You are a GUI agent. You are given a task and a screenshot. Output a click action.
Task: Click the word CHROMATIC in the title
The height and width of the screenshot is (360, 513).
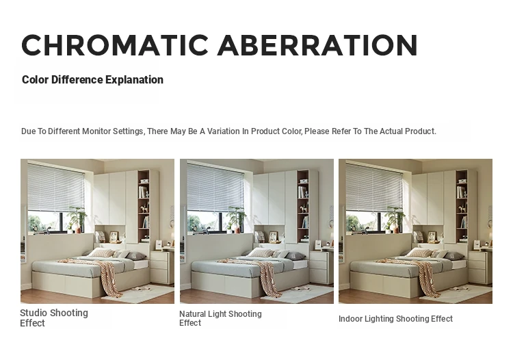pyautogui.click(x=115, y=45)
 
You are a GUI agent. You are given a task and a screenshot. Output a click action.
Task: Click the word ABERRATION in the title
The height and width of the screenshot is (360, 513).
pyautogui.click(x=317, y=45)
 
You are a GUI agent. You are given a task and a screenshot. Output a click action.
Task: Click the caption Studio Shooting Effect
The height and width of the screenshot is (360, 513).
pyautogui.click(x=54, y=318)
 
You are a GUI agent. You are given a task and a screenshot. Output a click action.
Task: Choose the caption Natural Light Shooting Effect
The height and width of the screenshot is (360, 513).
pyautogui.click(x=220, y=318)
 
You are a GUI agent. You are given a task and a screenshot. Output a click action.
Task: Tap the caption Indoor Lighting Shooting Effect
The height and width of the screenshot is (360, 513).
pyautogui.click(x=395, y=319)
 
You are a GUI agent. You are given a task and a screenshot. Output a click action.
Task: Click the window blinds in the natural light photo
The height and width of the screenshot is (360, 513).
pyautogui.click(x=215, y=188)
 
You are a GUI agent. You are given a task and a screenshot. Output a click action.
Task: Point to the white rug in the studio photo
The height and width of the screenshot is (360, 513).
pyautogui.click(x=138, y=293)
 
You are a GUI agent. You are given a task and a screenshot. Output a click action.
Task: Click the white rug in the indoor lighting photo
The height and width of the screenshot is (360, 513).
pyautogui.click(x=456, y=293)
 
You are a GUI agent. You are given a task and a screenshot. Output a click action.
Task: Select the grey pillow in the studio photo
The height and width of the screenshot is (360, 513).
pyautogui.click(x=135, y=255)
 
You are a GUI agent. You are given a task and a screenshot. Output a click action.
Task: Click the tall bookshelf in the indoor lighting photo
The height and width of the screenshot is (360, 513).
pyautogui.click(x=462, y=205)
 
